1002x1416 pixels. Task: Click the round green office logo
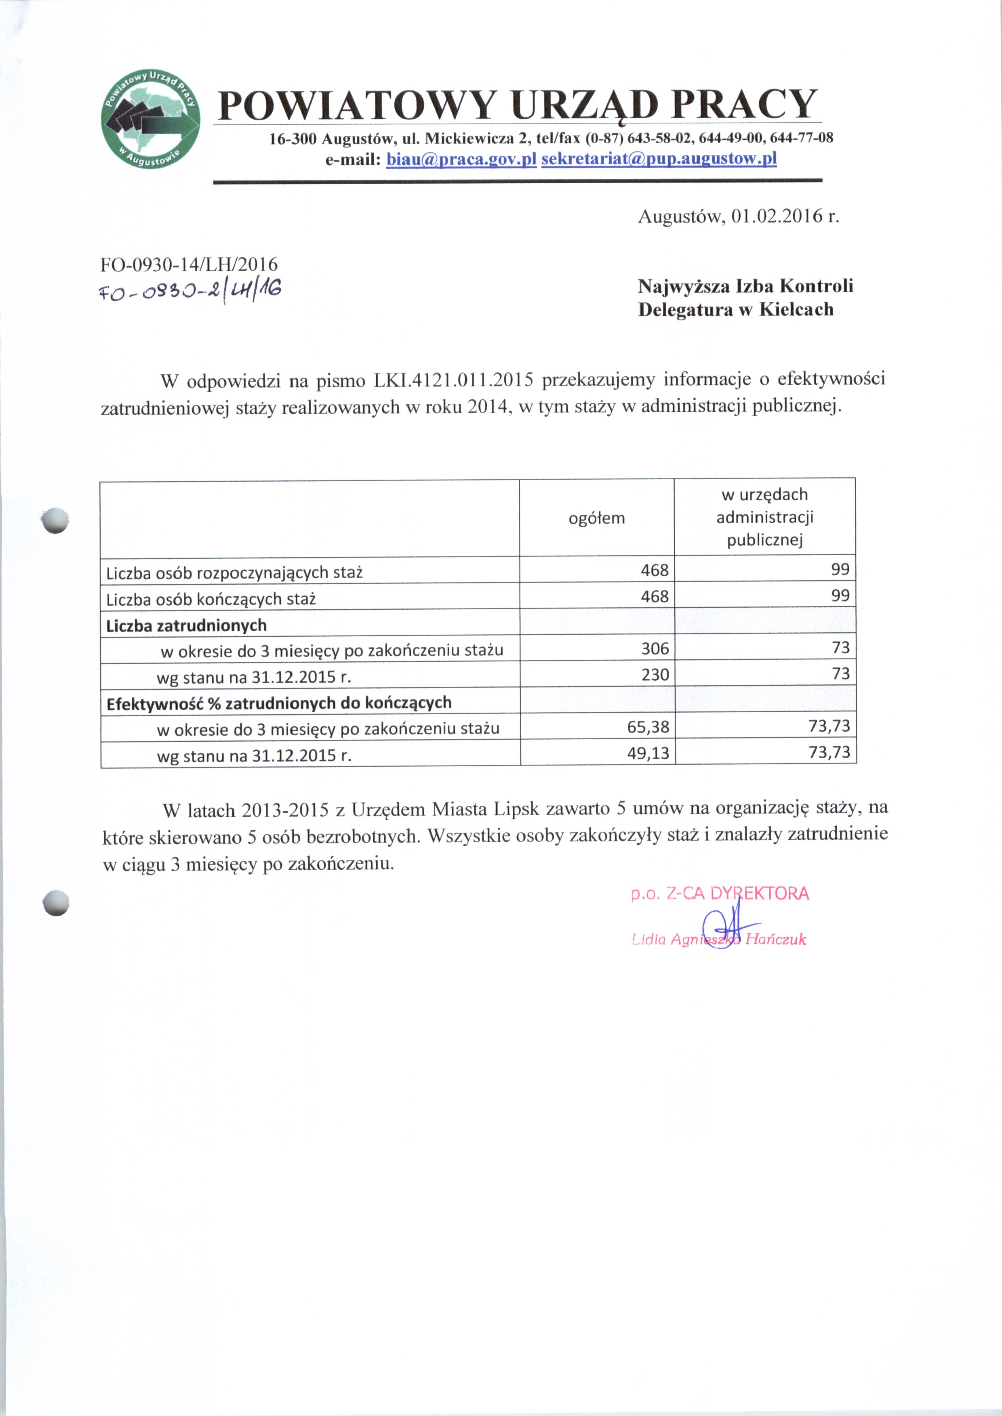point(151,120)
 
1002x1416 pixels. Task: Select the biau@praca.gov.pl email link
point(461,159)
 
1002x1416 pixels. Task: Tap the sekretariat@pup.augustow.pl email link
point(658,159)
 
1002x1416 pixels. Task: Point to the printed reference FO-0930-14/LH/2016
point(189,264)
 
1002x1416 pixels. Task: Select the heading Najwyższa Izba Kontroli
point(745,286)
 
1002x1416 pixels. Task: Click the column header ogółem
point(596,518)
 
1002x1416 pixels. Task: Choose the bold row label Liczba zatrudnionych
point(186,626)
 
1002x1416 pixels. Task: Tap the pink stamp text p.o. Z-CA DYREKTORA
point(720,894)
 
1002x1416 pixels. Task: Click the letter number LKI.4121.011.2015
point(453,380)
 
